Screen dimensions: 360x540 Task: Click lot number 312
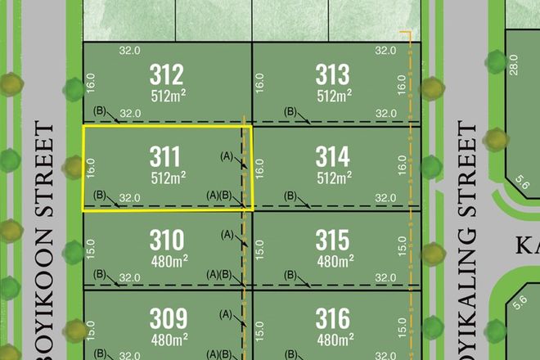(x=167, y=75)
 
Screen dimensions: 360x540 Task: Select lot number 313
(x=332, y=75)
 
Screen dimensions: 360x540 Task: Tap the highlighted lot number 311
(x=167, y=155)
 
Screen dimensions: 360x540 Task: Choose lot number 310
(x=167, y=239)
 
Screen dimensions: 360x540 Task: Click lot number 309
(x=167, y=317)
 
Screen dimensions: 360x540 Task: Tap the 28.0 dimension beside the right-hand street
(x=514, y=65)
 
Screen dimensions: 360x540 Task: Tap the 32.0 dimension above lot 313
(x=386, y=50)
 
